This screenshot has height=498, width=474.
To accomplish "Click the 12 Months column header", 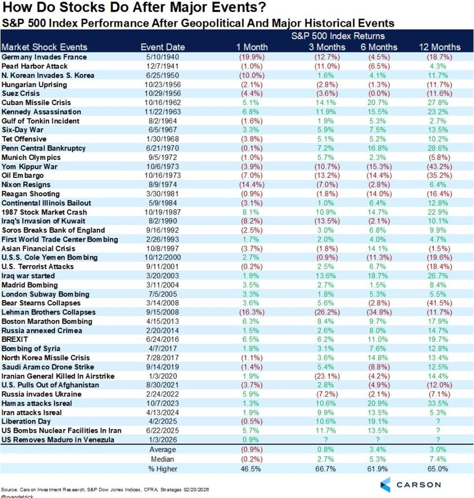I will [x=439, y=47].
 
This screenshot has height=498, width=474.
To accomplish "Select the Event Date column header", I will [x=162, y=47].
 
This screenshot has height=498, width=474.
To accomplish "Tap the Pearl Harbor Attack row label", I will [x=35, y=66].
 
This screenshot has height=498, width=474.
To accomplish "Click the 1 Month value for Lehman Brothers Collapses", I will [x=252, y=312].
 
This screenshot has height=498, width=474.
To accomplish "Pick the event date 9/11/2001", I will [x=162, y=267].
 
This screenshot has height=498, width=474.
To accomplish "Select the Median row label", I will [x=162, y=459].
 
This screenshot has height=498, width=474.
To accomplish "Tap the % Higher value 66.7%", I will [x=326, y=469].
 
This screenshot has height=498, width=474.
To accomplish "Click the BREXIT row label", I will [x=15, y=339].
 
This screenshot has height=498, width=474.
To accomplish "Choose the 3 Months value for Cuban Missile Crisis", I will [x=326, y=103].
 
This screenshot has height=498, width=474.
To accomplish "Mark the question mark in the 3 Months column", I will [x=326, y=440].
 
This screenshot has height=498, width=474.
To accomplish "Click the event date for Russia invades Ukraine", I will [x=162, y=394].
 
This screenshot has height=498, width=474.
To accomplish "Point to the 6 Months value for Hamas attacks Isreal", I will [x=377, y=403].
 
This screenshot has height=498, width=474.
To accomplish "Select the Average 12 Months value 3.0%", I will [x=437, y=450].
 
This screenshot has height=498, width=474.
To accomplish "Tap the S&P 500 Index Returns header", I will [x=338, y=36].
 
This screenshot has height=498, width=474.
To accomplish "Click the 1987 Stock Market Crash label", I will [x=44, y=212].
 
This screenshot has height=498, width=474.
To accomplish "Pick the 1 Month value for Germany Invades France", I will [x=252, y=57].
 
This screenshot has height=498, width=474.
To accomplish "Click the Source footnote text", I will [x=105, y=489].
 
